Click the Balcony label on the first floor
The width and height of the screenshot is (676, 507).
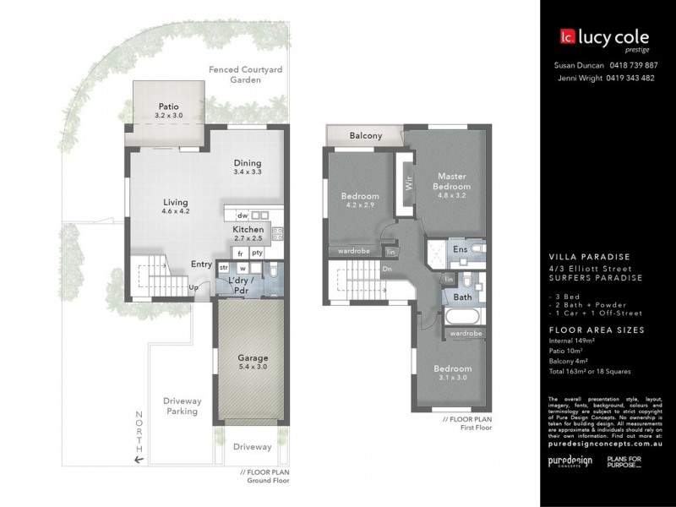click(x=365, y=135)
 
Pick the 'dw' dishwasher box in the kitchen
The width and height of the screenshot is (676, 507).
click(x=243, y=215)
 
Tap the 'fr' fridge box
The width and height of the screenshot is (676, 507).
click(x=240, y=253)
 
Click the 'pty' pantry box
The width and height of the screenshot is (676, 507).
click(x=257, y=253)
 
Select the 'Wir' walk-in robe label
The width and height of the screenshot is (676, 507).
click(x=407, y=180)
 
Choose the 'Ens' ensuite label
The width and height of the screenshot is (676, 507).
click(x=461, y=250)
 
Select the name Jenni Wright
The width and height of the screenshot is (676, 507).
click(x=579, y=78)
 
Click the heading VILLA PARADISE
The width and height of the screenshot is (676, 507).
click(x=589, y=257)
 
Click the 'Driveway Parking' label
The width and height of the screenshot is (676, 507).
click(x=181, y=406)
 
